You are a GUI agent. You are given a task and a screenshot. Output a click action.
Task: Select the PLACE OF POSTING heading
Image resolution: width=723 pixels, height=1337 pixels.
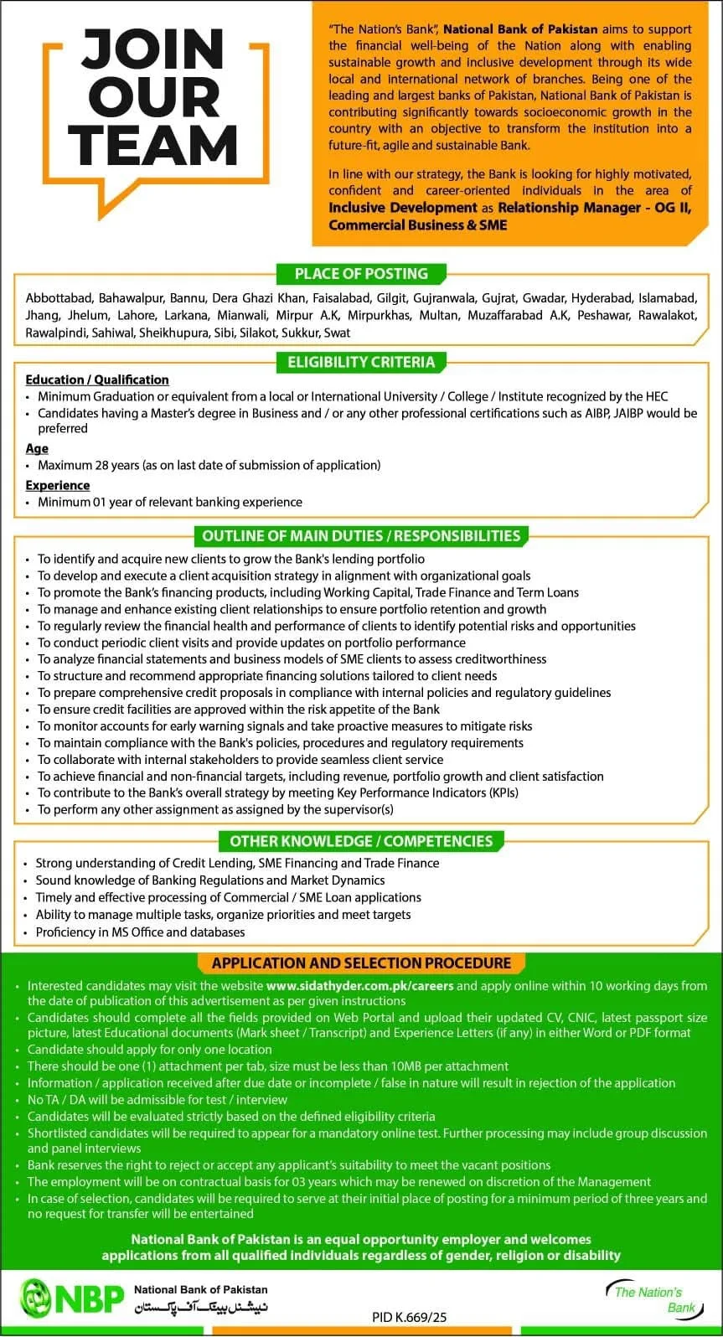pos(360,274)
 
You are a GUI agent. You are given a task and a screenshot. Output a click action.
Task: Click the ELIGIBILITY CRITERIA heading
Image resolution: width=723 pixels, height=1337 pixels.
pos(361,362)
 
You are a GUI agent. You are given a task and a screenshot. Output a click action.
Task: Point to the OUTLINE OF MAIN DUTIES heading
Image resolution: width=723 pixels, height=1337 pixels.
pos(361,535)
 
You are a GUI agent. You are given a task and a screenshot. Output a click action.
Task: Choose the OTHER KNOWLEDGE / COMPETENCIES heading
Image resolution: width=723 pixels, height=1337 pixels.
pos(361,841)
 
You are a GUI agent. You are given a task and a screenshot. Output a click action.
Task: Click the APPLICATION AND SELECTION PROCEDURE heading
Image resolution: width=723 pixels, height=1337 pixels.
pos(361,963)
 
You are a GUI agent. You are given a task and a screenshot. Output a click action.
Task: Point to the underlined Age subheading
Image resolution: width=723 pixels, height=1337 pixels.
pos(37,448)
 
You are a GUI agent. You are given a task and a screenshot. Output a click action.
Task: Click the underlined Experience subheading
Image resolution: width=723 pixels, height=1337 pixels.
pos(58,485)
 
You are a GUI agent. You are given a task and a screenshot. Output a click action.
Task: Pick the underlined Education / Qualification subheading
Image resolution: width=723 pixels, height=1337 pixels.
pos(97,379)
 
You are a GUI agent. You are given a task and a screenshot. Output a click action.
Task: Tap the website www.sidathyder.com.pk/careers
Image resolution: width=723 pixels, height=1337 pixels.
pos(359,986)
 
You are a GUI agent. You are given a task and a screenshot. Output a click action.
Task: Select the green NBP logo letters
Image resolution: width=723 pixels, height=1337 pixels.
pos(89,1299)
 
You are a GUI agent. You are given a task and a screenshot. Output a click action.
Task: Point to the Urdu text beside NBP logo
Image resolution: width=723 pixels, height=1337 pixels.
pos(201,1308)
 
